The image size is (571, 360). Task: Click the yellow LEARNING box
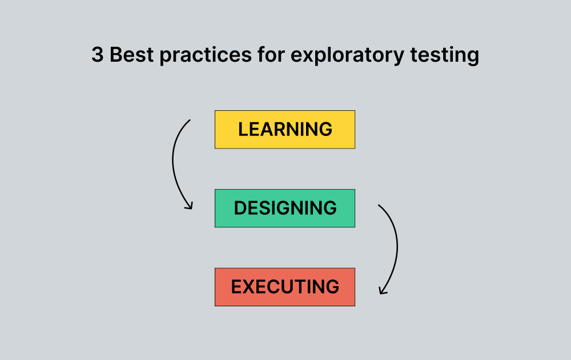pos(284,130)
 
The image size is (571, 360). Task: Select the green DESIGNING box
pos(284,208)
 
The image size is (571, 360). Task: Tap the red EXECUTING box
pos(284,287)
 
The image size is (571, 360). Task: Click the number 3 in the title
pos(97,55)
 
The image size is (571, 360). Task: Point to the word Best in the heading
pos(131,55)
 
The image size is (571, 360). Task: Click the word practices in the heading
pos(204,55)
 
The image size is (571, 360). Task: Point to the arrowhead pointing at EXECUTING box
pos(382,291)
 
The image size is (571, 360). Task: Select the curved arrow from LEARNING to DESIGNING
pos(174,163)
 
